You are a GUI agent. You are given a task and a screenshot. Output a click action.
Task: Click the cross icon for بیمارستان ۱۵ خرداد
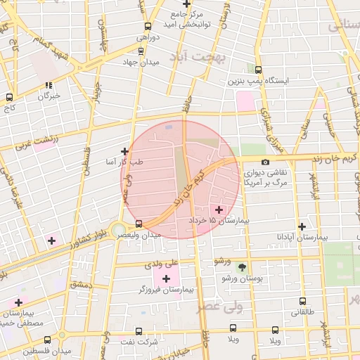pos(219,210)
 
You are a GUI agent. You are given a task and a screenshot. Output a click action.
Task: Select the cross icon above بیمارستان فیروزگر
pos(166,279)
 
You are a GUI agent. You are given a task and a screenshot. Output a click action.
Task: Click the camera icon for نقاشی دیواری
pos(264,162)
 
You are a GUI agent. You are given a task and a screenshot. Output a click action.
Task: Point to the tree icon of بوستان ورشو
pos(242,267)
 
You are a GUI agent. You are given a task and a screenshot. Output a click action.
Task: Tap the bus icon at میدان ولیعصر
pos(139,224)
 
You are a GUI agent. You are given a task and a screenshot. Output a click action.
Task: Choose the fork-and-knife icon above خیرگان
pos(49,85)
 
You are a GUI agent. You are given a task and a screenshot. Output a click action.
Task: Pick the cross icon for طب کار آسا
pos(124,151)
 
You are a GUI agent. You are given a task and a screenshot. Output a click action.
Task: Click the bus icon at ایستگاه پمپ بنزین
pos(258,70)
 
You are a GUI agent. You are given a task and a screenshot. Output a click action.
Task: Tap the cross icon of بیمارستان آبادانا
pos(302,227)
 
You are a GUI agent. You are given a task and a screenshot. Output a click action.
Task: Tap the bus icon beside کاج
pos(9,98)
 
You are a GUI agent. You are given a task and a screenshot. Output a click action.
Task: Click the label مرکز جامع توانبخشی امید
pos(187,19)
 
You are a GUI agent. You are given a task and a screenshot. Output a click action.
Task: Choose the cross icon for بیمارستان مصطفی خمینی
pos(18,302)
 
